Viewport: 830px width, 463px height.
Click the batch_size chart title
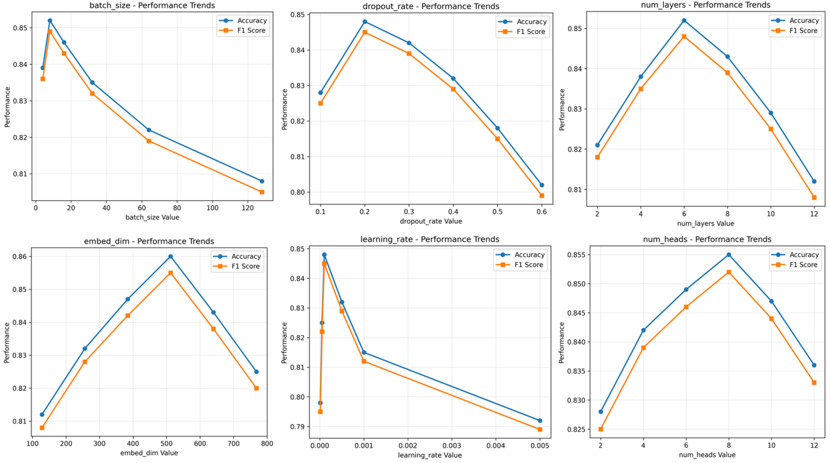point(152,6)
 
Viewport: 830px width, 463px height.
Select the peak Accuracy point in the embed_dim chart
point(170,257)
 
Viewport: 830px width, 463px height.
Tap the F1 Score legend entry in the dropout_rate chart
point(522,31)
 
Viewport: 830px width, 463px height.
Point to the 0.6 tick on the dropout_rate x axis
point(542,211)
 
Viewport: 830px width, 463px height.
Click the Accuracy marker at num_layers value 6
point(684,21)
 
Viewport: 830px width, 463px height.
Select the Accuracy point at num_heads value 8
point(729,255)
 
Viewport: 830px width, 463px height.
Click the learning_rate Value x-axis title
point(430,455)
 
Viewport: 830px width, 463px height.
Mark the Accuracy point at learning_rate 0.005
point(540,420)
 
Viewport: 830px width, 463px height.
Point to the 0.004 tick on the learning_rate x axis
point(496,446)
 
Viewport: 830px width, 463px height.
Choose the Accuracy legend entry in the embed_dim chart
point(237,256)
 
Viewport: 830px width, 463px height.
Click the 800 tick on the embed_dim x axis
point(267,443)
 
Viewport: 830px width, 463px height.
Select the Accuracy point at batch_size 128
point(262,181)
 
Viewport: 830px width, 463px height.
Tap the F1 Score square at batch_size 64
point(149,141)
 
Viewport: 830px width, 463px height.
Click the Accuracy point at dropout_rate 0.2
point(365,22)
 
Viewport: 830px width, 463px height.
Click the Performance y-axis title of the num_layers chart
point(562,110)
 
